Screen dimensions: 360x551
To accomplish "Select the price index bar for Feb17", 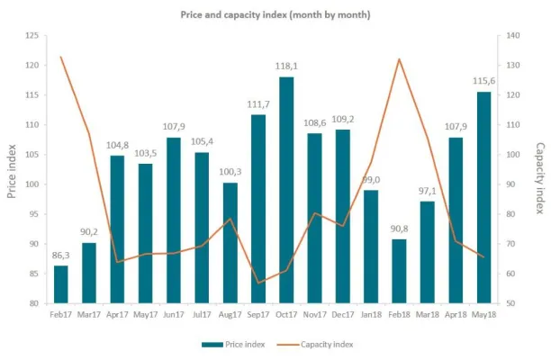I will point(60,284).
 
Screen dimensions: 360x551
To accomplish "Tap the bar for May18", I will point(483,197).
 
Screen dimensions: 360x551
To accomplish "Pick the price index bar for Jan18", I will point(371,247).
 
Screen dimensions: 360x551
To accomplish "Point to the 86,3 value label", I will point(60,256).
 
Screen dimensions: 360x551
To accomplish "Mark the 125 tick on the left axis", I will point(31,36).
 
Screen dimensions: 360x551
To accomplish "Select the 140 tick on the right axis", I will point(514,36).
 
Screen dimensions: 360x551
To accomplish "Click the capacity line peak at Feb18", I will point(399,59).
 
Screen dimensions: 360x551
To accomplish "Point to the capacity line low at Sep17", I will point(257,283).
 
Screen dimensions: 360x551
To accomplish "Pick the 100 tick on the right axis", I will point(514,155).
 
